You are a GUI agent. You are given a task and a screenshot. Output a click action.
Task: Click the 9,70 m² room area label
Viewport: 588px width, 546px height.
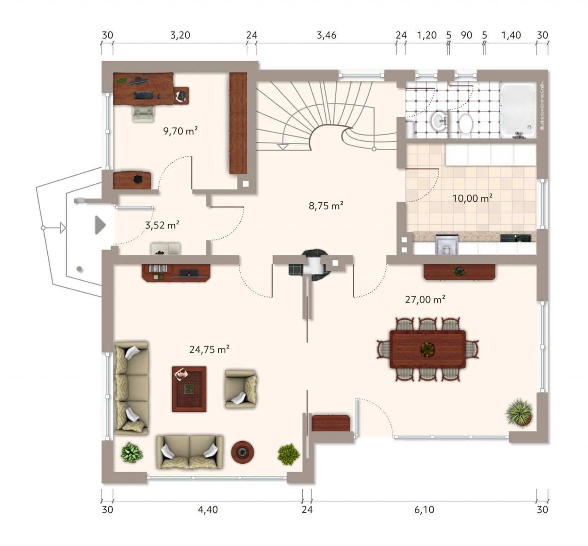pos(181,131)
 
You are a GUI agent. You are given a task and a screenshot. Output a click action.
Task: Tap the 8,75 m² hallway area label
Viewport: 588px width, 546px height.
pos(326,205)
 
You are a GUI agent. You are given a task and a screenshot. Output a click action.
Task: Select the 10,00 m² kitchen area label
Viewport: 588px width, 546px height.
pos(472,198)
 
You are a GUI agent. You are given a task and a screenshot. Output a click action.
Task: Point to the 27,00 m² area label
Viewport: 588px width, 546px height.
pos(425,300)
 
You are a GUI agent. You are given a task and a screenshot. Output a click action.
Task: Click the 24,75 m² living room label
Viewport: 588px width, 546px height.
pos(209,350)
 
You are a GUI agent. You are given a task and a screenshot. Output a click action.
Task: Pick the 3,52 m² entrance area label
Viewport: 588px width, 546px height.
pos(162,225)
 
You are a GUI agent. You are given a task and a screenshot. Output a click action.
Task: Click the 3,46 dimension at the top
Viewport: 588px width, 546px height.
pos(327,35)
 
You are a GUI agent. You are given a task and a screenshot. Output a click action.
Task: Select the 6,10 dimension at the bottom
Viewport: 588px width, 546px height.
pos(424,510)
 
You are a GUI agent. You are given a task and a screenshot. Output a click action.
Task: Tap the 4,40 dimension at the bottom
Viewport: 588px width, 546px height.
pos(208,510)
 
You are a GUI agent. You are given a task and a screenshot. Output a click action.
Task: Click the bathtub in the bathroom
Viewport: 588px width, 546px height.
pos(518,110)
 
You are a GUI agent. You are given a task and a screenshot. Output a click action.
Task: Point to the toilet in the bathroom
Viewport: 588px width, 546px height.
pos(465,124)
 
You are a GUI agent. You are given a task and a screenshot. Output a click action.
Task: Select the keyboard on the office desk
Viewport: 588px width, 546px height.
pos(144,96)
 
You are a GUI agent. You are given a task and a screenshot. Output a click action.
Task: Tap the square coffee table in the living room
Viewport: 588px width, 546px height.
pos(189,389)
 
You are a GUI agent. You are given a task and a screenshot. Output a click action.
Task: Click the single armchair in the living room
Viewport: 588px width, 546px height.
pos(241,389)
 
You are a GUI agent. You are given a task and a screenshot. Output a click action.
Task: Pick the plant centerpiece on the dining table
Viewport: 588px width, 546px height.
pos(428,349)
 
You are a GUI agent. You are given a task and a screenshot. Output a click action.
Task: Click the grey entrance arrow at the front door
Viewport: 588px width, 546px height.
pos(100,225)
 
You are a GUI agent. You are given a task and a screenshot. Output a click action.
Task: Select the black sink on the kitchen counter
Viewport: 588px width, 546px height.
pos(515,238)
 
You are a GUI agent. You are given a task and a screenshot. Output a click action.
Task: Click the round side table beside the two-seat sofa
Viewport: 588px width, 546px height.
pos(243,452)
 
